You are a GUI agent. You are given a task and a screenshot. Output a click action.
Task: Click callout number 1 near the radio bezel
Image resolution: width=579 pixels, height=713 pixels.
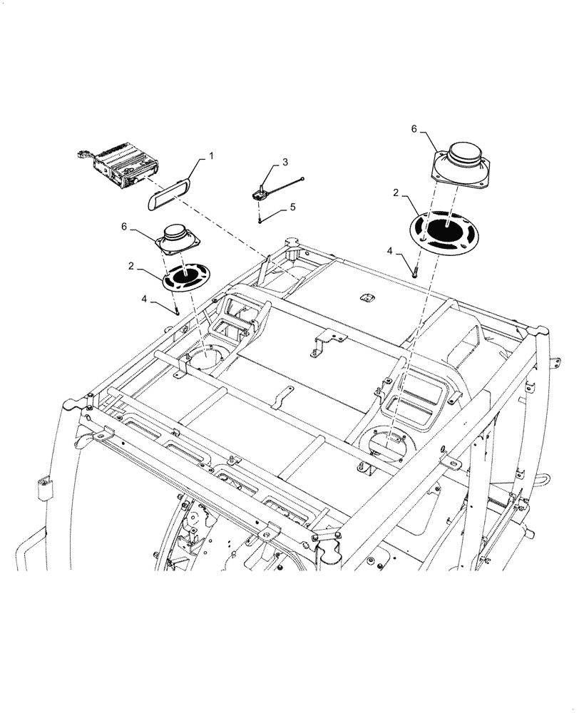[x=211, y=155]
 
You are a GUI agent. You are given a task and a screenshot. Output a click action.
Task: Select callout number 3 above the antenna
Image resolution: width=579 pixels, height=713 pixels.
[x=285, y=163]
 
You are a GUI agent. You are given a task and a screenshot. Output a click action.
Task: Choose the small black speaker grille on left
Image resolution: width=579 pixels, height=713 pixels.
[x=187, y=277]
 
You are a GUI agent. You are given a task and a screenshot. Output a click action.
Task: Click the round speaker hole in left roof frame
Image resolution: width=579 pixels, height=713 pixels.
[x=208, y=356]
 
